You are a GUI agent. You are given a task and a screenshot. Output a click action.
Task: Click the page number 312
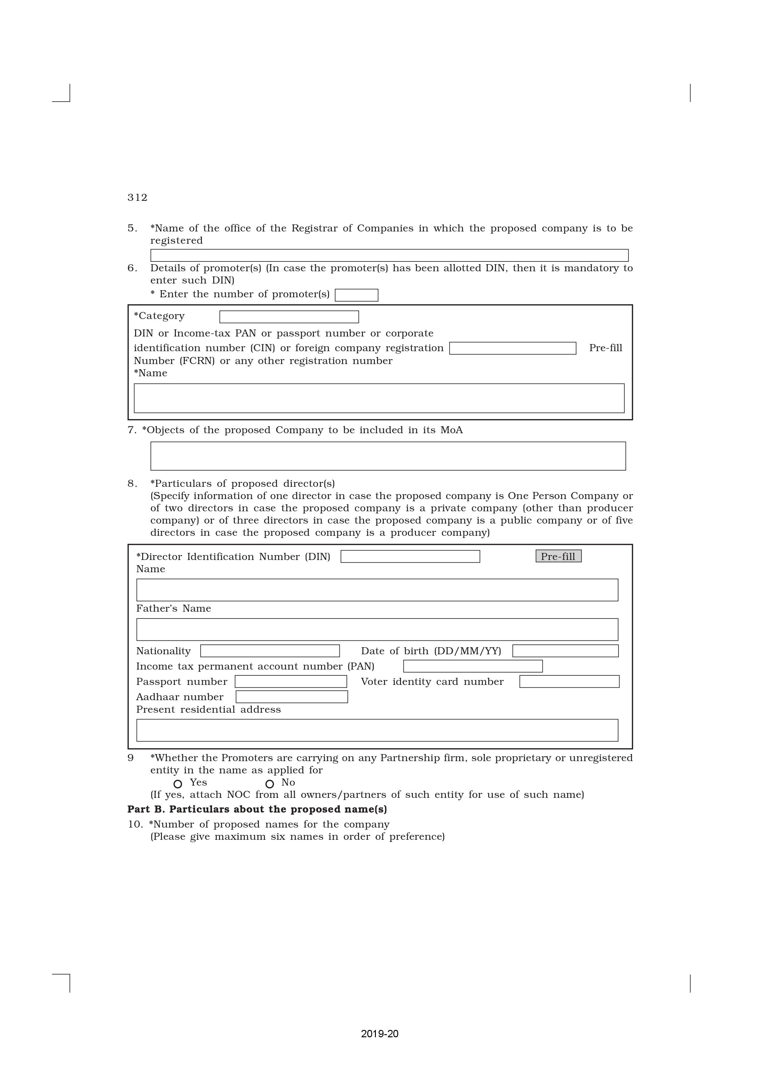click(x=137, y=197)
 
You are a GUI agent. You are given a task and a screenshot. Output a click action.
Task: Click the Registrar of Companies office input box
click(x=389, y=255)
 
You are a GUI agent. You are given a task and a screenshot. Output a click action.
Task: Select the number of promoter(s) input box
click(x=356, y=295)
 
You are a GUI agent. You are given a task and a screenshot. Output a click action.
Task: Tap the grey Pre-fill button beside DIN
click(x=558, y=556)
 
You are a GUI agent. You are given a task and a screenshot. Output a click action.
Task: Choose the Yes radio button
click(x=178, y=784)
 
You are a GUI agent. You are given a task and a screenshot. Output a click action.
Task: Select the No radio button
click(x=270, y=784)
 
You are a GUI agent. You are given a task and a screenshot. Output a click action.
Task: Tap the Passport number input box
click(x=291, y=682)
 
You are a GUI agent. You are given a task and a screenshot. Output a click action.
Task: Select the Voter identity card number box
click(x=569, y=682)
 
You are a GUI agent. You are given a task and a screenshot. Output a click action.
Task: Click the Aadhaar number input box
click(x=292, y=697)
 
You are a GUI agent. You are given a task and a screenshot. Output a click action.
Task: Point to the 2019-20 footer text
click(x=380, y=1034)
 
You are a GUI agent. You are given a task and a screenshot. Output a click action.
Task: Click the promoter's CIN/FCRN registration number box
click(x=512, y=348)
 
